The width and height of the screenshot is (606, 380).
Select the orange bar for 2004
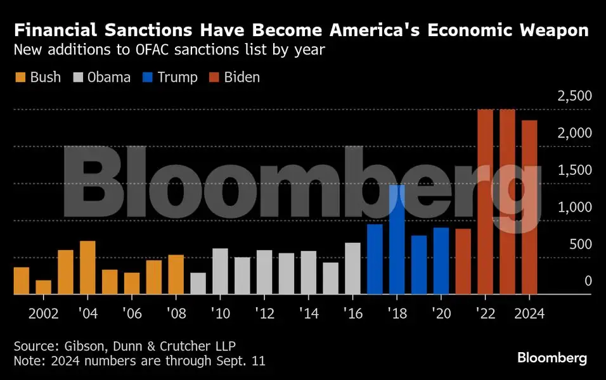[x=87, y=267]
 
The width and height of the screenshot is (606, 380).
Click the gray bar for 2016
[x=352, y=269]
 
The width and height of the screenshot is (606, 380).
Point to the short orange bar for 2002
[x=43, y=287]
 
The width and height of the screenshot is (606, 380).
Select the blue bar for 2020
[x=441, y=261]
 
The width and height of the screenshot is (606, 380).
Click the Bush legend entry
[x=37, y=77]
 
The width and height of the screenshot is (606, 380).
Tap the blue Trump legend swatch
[x=147, y=77]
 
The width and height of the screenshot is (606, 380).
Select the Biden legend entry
[x=234, y=77]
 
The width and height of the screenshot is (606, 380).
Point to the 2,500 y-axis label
[x=574, y=96]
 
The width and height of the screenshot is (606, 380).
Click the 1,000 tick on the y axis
[x=575, y=207]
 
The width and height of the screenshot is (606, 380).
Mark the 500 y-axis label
[x=579, y=244]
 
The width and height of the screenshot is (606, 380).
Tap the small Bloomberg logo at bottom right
[x=551, y=358]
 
